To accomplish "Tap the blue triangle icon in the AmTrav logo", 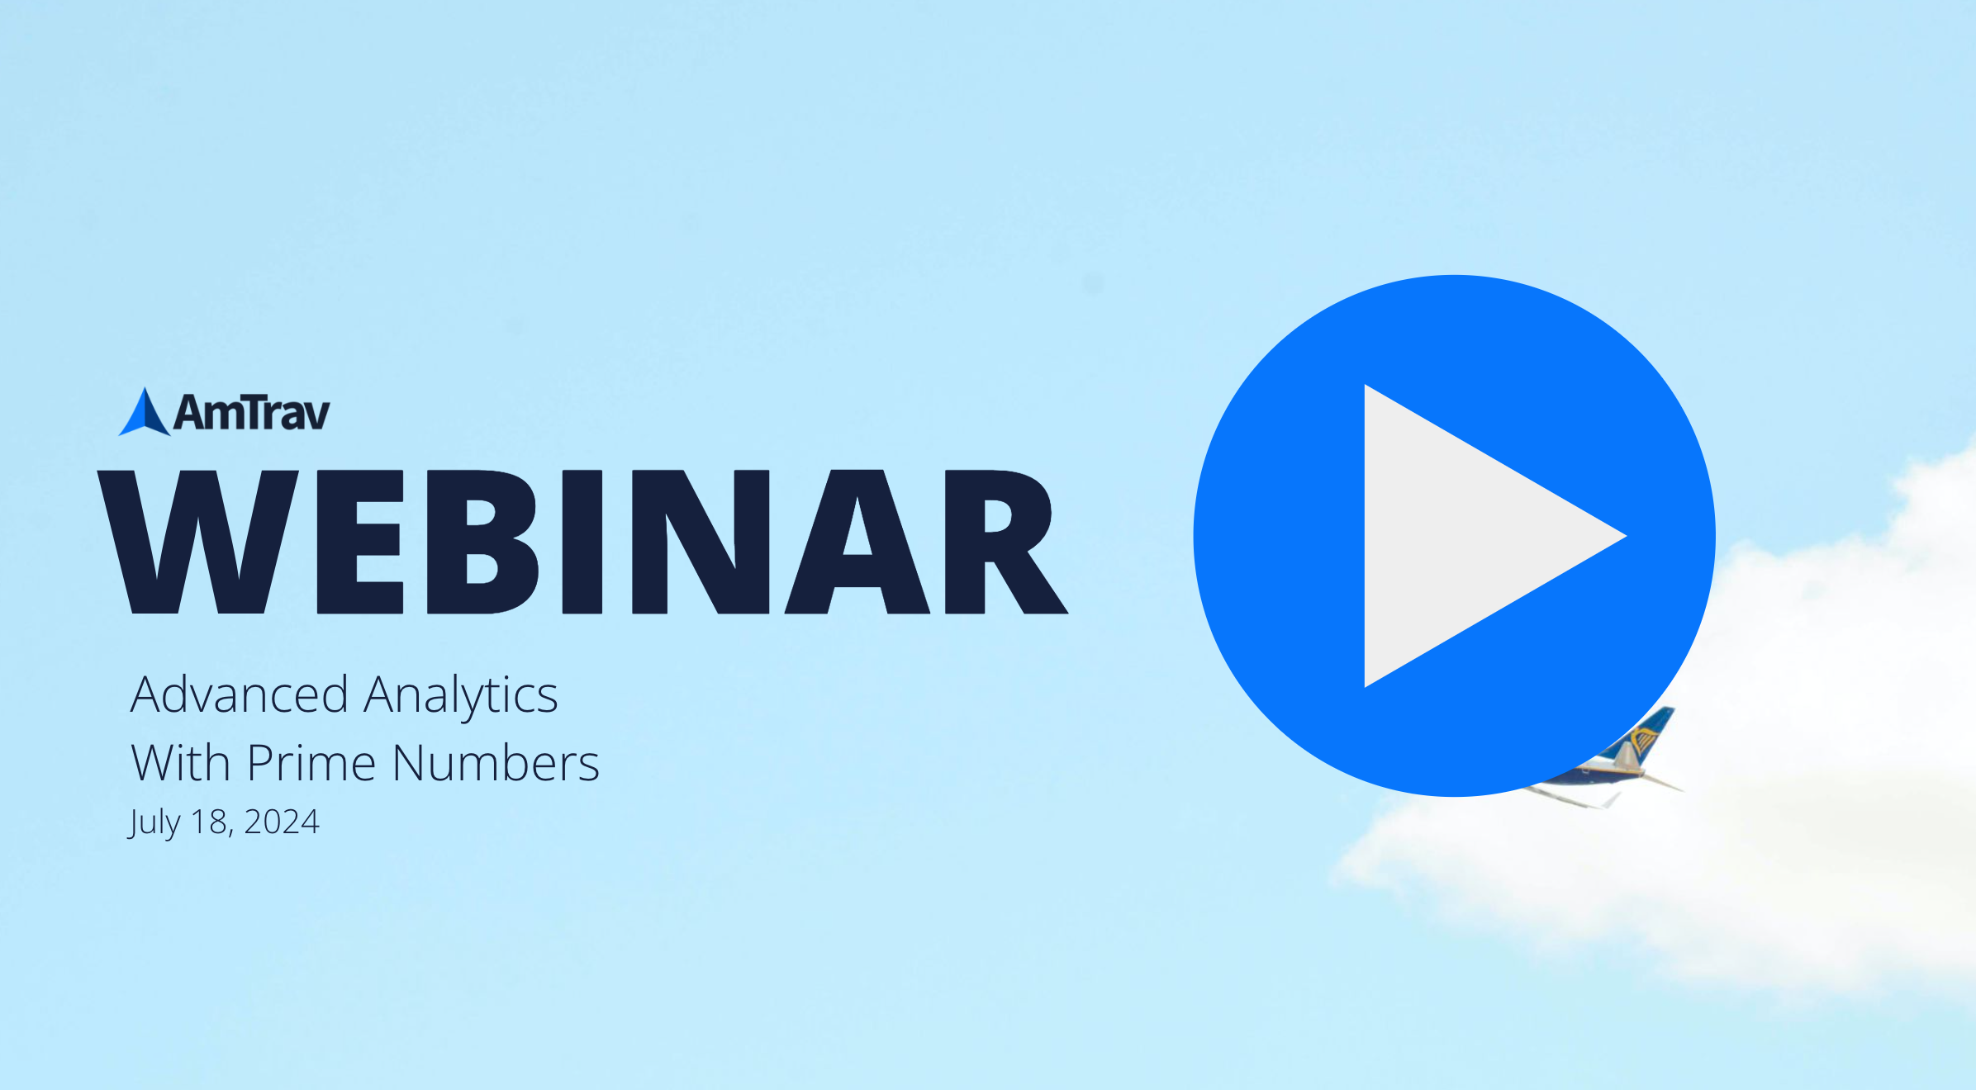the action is click(x=145, y=412).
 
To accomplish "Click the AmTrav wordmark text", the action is click(x=252, y=412).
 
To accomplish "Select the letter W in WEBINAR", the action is click(x=198, y=542).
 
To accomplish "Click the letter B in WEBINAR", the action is click(x=482, y=542).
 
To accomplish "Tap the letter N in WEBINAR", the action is click(x=701, y=542).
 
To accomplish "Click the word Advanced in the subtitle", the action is click(x=240, y=694).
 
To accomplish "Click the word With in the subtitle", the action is click(x=181, y=762).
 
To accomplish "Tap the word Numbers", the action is click(x=496, y=762).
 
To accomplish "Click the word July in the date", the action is click(x=154, y=822).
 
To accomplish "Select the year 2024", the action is click(x=282, y=822).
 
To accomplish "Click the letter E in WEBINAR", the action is click(x=360, y=542).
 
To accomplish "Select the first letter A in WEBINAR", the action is click(x=857, y=542).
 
